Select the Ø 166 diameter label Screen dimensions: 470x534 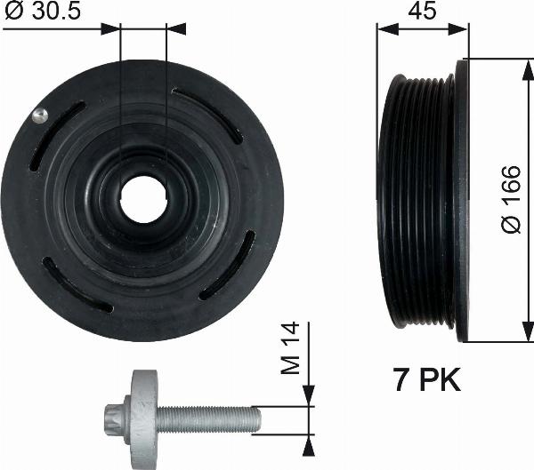(x=511, y=201)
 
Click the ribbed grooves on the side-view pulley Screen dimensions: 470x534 (x=416, y=201)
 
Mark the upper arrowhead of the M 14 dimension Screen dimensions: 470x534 (x=308, y=396)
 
